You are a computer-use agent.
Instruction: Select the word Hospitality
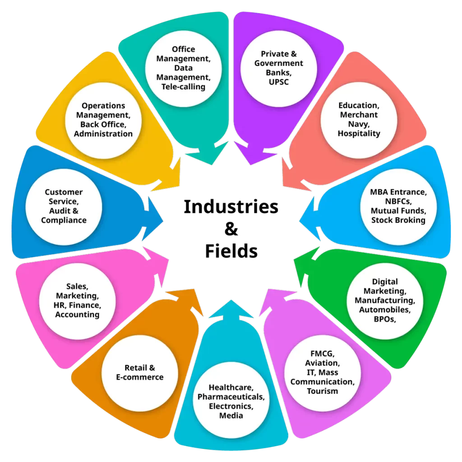pyautogui.click(x=359, y=134)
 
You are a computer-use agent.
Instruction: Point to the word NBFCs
pyautogui.click(x=398, y=201)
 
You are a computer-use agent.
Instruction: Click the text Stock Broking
pyautogui.click(x=398, y=220)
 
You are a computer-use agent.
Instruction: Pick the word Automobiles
pyautogui.click(x=385, y=310)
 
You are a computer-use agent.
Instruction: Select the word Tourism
pyautogui.click(x=322, y=391)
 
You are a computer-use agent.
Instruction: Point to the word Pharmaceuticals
pyautogui.click(x=231, y=397)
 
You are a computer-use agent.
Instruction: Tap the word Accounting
pyautogui.click(x=77, y=314)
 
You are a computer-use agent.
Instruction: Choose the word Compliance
pyautogui.click(x=64, y=220)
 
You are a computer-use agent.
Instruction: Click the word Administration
pyautogui.click(x=103, y=134)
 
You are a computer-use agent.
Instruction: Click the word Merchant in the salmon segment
pyautogui.click(x=359, y=115)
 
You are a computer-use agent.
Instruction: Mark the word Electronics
pyautogui.click(x=231, y=406)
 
